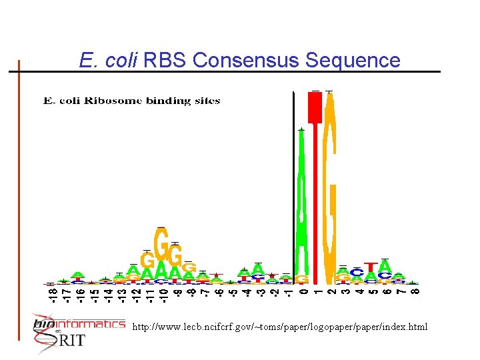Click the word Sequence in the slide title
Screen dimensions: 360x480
click(x=353, y=61)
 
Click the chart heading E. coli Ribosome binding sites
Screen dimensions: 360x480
click(x=131, y=101)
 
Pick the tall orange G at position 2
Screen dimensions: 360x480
click(x=329, y=187)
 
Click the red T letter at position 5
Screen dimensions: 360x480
click(x=370, y=266)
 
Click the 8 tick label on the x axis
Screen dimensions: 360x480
click(x=414, y=291)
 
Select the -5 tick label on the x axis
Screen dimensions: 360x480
click(x=233, y=292)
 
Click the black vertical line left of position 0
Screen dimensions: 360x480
click(x=294, y=187)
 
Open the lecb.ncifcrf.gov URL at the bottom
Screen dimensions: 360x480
click(x=280, y=327)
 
